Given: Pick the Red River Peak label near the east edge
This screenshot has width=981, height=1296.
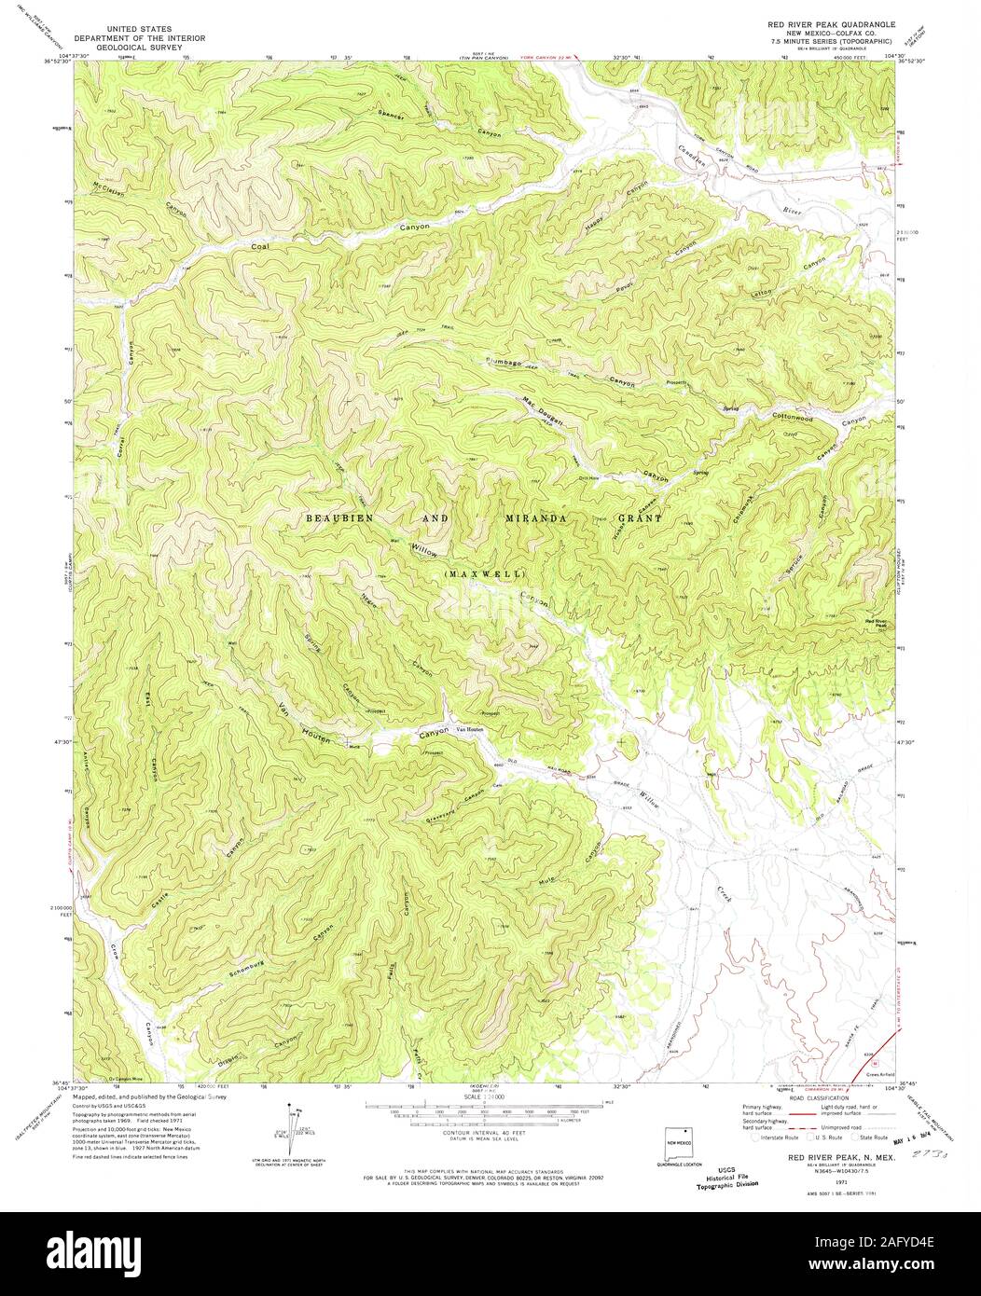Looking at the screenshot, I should [x=878, y=623].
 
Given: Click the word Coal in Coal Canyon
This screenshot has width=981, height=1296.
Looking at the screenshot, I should [x=264, y=247].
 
